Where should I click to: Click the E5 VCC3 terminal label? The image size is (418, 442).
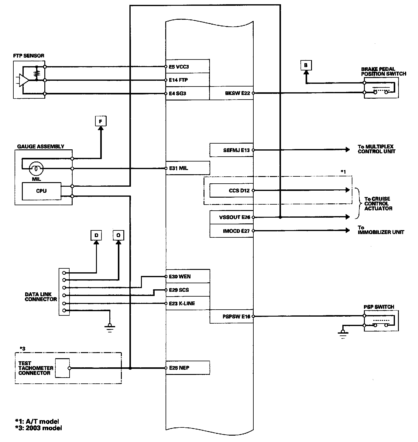(x=179, y=67)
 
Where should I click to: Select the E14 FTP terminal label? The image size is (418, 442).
(x=178, y=80)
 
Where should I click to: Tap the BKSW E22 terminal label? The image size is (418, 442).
(x=237, y=93)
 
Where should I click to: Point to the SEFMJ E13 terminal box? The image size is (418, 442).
(x=231, y=150)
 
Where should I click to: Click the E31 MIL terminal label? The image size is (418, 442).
(x=179, y=168)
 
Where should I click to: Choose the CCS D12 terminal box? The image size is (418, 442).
(x=231, y=191)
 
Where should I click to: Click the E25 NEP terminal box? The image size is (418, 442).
(x=187, y=368)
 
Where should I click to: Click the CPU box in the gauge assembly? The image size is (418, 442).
(x=41, y=191)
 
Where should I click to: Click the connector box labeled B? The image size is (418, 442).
(x=306, y=65)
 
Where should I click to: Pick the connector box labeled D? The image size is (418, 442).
(x=96, y=235)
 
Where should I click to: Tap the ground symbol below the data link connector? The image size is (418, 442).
(x=110, y=328)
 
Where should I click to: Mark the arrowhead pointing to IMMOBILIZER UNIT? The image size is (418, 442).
(x=348, y=231)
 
